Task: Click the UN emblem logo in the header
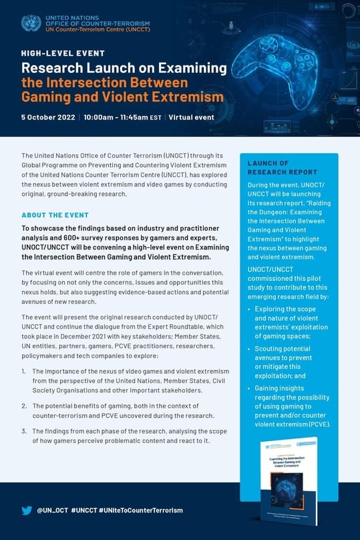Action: (31, 23)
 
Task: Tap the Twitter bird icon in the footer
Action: (27, 510)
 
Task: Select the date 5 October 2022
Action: (47, 117)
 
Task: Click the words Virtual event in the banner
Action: (191, 117)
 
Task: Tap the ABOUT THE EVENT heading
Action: (55, 215)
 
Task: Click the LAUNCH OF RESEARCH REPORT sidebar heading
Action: (268, 167)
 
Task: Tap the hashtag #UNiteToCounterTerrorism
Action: (140, 510)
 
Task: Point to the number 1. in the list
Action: (24, 371)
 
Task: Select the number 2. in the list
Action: (24, 406)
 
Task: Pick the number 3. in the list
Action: (24, 431)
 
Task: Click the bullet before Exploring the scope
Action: (250, 309)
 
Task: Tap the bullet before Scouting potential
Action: (250, 350)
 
